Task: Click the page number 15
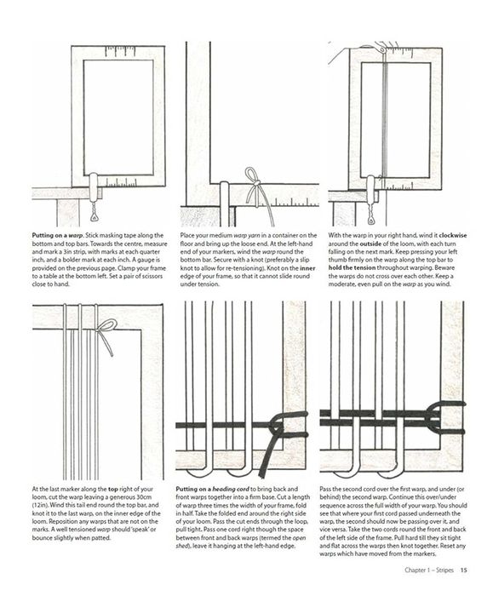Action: tap(463, 570)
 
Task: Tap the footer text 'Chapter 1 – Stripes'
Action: tap(429, 570)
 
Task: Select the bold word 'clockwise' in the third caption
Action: tap(453, 235)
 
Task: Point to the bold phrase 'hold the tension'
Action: tap(352, 268)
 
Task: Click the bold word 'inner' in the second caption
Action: tap(308, 268)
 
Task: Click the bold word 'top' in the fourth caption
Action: tap(113, 489)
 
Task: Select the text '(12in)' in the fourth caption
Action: tap(40, 505)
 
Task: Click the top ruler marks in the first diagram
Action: tap(120, 51)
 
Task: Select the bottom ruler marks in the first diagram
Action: tap(121, 183)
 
